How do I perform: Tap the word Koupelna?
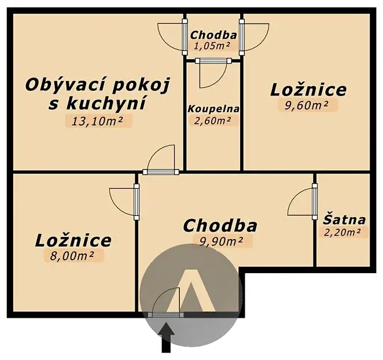click(x=213, y=109)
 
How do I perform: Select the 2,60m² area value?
click(x=212, y=120)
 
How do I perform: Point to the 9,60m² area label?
click(x=307, y=105)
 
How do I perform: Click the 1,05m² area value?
click(x=212, y=46)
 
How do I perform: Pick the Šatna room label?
click(x=344, y=220)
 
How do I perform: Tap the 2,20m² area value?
click(x=342, y=232)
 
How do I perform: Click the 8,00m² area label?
click(x=72, y=256)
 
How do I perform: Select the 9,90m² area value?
click(x=221, y=241)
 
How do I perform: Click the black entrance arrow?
click(x=166, y=338)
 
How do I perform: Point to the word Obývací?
click(x=67, y=86)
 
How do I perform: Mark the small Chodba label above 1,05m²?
click(x=213, y=35)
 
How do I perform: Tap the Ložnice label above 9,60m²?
click(x=308, y=90)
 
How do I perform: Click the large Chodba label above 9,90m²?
click(x=220, y=226)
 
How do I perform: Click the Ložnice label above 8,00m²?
click(x=73, y=241)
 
